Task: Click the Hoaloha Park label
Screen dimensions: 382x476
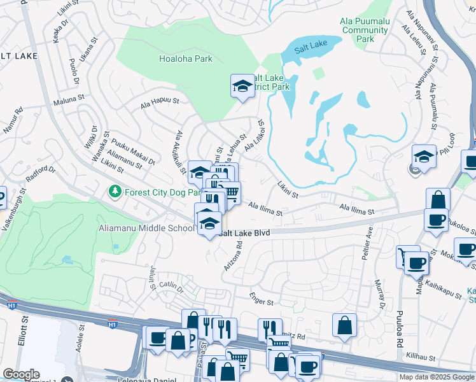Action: click(x=185, y=59)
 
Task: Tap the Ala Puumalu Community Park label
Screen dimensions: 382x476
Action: click(x=365, y=30)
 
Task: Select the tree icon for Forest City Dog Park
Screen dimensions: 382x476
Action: click(x=115, y=191)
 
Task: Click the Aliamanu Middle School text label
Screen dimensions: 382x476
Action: click(x=146, y=228)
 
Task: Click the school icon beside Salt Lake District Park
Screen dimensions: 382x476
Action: click(x=242, y=87)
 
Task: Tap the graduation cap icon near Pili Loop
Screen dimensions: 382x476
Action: click(x=423, y=155)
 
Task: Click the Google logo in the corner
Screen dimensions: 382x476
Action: click(x=21, y=374)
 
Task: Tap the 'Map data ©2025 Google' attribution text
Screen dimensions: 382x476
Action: click(x=437, y=377)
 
